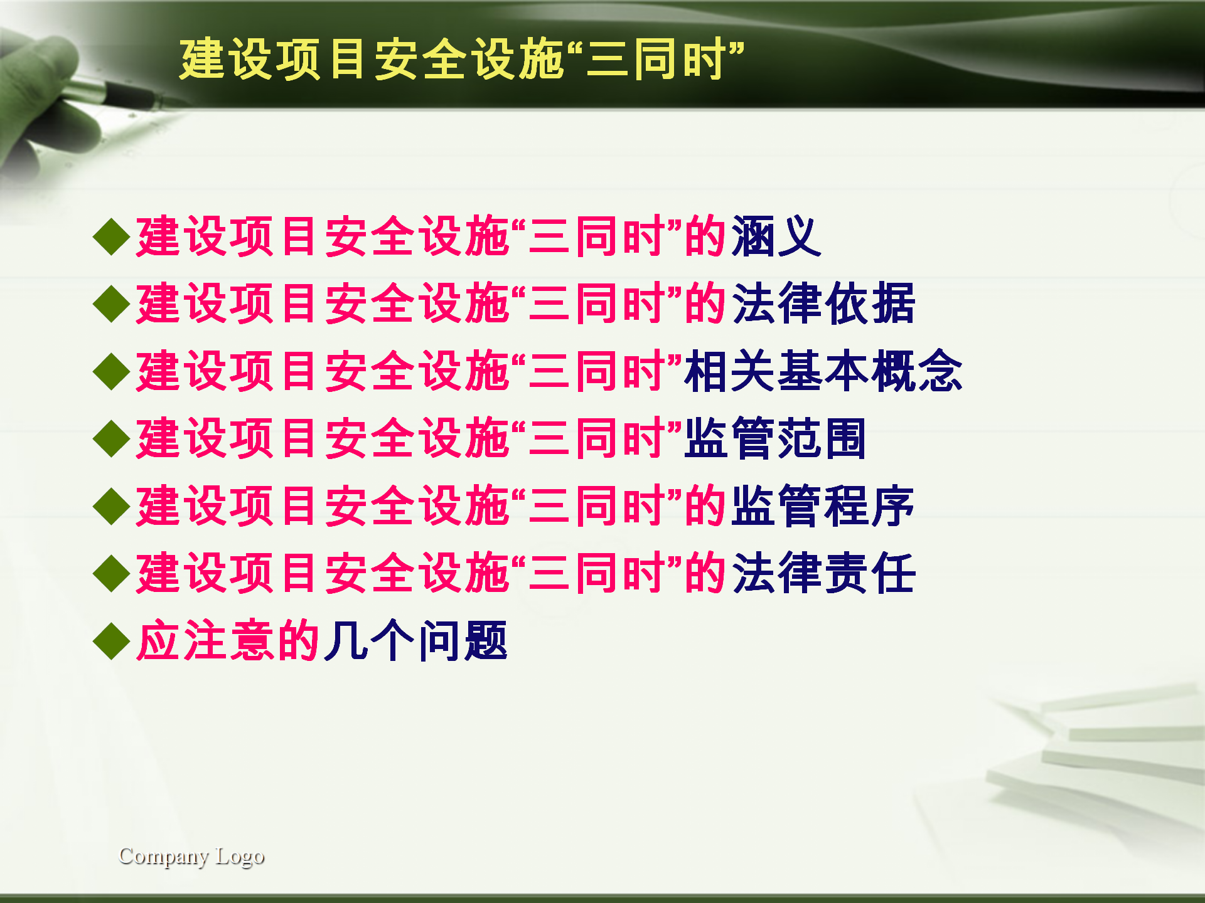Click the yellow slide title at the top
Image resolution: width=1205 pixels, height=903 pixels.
462,60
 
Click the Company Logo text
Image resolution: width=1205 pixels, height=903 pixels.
191,857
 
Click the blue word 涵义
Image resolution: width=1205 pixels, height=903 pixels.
776,236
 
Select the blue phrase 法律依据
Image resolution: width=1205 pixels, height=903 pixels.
823,304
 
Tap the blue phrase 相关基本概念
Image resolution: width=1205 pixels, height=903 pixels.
823,371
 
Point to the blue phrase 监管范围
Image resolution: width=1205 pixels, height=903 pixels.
776,438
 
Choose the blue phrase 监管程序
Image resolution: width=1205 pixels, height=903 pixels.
823,506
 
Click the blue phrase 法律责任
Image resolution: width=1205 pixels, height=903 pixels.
823,573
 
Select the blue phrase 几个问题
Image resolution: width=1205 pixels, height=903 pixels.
415,641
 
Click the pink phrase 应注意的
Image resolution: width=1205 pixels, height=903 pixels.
229,641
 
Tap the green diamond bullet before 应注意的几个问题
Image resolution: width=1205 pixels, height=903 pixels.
111,642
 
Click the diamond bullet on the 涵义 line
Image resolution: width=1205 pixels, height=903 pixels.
111,237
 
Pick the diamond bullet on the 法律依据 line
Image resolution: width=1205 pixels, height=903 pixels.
111,304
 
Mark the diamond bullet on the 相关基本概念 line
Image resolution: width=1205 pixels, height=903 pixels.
111,372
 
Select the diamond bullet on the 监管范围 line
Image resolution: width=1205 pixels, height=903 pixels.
111,439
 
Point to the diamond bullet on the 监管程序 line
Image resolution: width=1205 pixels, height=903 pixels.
111,507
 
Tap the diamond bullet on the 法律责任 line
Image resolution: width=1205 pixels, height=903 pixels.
111,574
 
